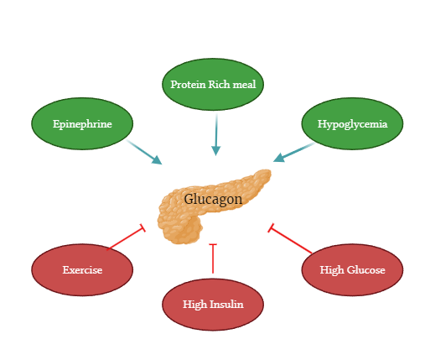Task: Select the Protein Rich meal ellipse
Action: (x=216, y=85)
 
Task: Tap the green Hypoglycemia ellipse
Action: (x=352, y=124)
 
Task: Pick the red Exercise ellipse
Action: (x=82, y=270)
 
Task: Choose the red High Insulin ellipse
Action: (x=213, y=304)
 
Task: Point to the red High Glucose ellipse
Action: (x=352, y=270)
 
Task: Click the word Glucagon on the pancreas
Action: (x=213, y=200)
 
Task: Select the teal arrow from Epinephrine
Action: (x=144, y=152)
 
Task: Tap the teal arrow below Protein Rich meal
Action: (x=216, y=133)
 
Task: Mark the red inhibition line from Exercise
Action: (x=126, y=238)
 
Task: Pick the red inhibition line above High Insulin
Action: (x=213, y=259)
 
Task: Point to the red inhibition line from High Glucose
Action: (x=290, y=239)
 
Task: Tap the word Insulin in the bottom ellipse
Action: (x=226, y=304)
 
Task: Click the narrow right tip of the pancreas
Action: (x=266, y=175)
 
